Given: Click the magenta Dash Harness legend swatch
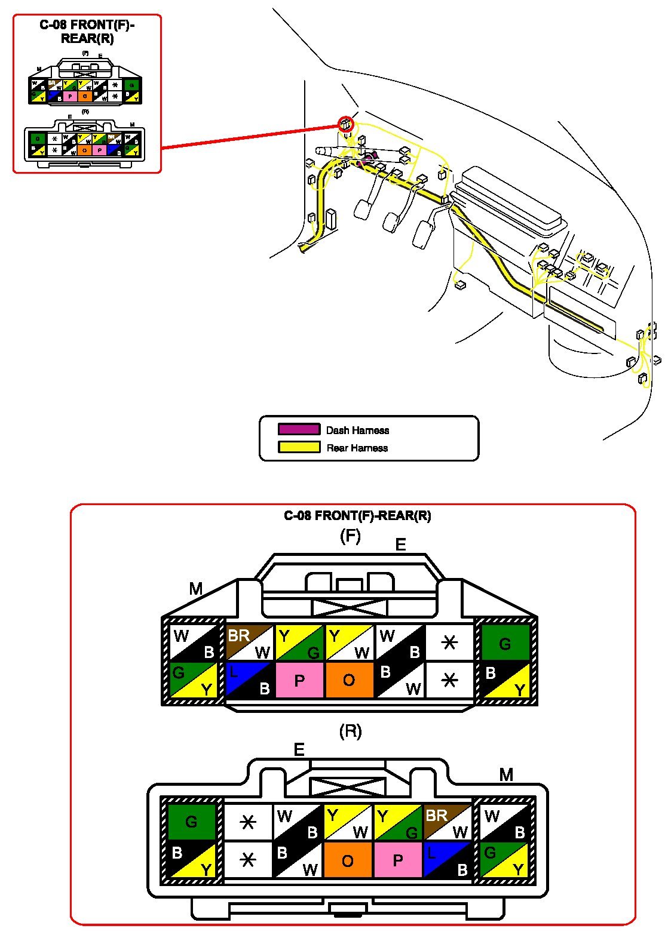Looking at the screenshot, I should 299,429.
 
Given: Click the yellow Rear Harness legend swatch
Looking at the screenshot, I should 299,447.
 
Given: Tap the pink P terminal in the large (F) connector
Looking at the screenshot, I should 299,680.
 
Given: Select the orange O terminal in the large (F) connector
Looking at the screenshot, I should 349,680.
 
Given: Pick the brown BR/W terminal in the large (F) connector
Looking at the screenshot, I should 249,642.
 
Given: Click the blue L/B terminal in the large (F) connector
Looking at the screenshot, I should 249,680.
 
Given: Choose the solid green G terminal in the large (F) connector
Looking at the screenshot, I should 505,642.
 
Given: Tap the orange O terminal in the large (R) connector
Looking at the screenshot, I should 348,860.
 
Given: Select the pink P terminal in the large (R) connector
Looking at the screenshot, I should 398,860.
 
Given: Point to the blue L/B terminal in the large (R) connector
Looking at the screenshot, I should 448,860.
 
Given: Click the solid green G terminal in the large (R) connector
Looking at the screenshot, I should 191,822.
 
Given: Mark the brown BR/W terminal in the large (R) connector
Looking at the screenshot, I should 448,823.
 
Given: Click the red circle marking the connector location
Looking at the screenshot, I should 346,124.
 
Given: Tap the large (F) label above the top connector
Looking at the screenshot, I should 350,536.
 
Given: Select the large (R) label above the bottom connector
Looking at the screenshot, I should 350,731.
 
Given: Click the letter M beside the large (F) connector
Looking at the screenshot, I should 196,589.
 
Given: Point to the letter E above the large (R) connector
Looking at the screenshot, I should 299,750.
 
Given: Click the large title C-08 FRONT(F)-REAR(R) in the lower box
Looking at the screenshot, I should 357,516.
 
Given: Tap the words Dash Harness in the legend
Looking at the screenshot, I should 357,430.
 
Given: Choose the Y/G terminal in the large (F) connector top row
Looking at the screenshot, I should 299,642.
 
